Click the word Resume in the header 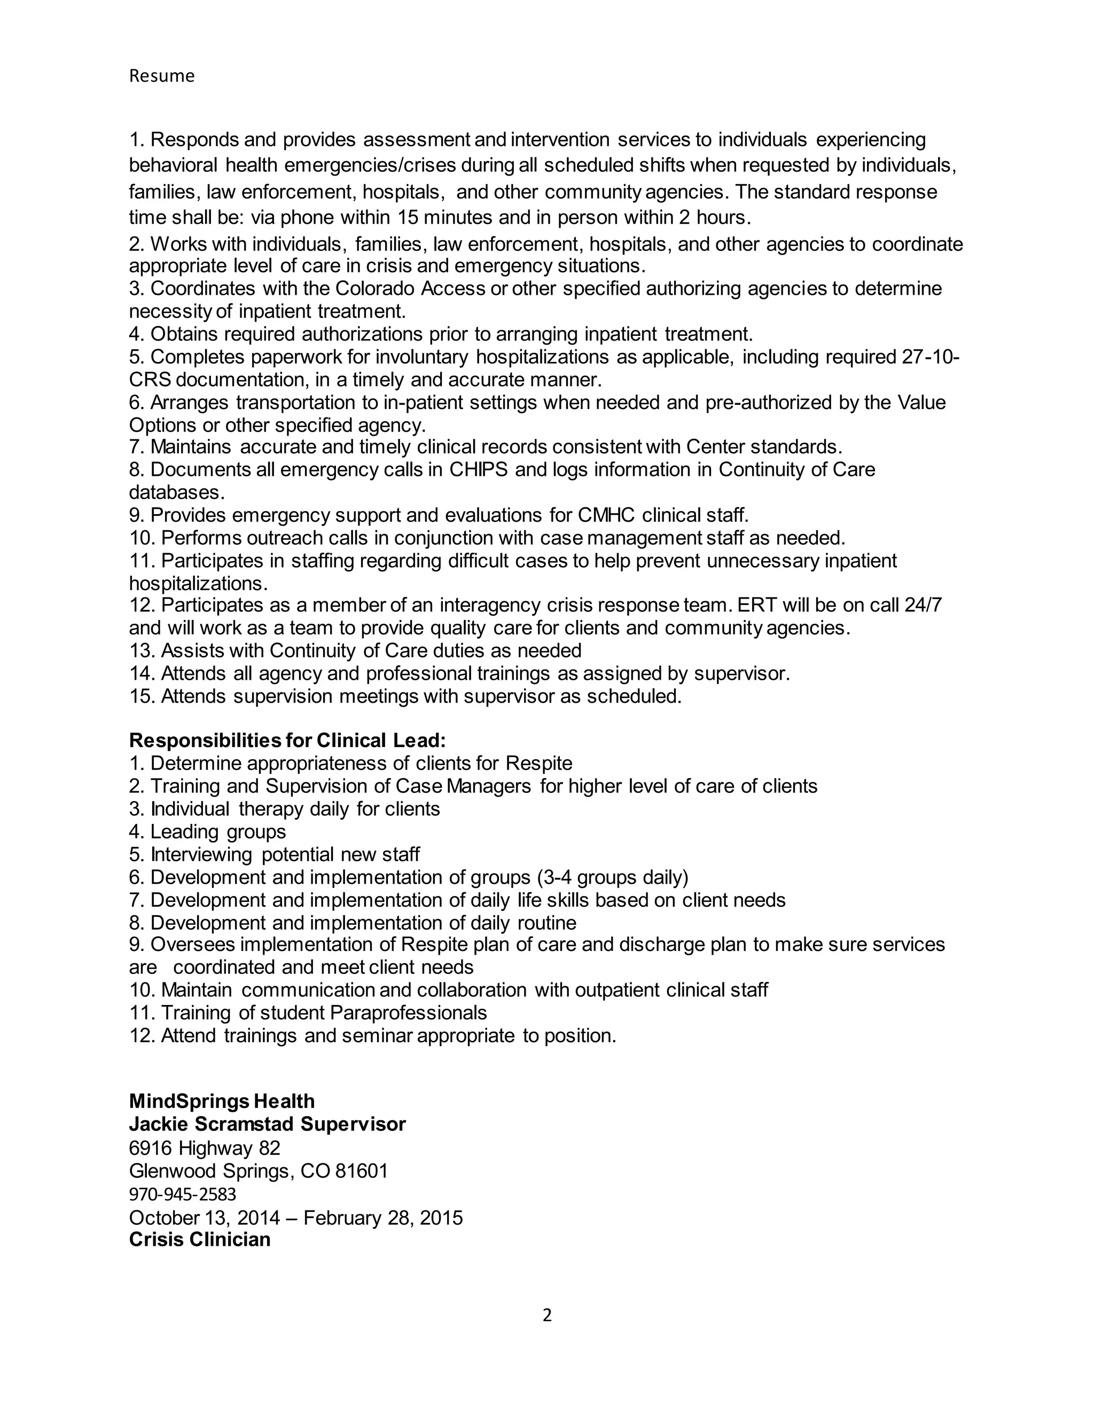pos(161,76)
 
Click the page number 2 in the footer pos(546,1315)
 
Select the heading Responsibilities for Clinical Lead pos(287,740)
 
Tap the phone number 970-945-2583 pos(182,1193)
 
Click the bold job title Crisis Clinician pos(200,1239)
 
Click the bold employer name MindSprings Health pos(222,1102)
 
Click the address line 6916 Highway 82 pos(204,1148)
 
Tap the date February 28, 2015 pos(383,1217)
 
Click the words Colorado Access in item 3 pos(410,288)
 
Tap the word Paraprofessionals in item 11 pos(408,1012)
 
